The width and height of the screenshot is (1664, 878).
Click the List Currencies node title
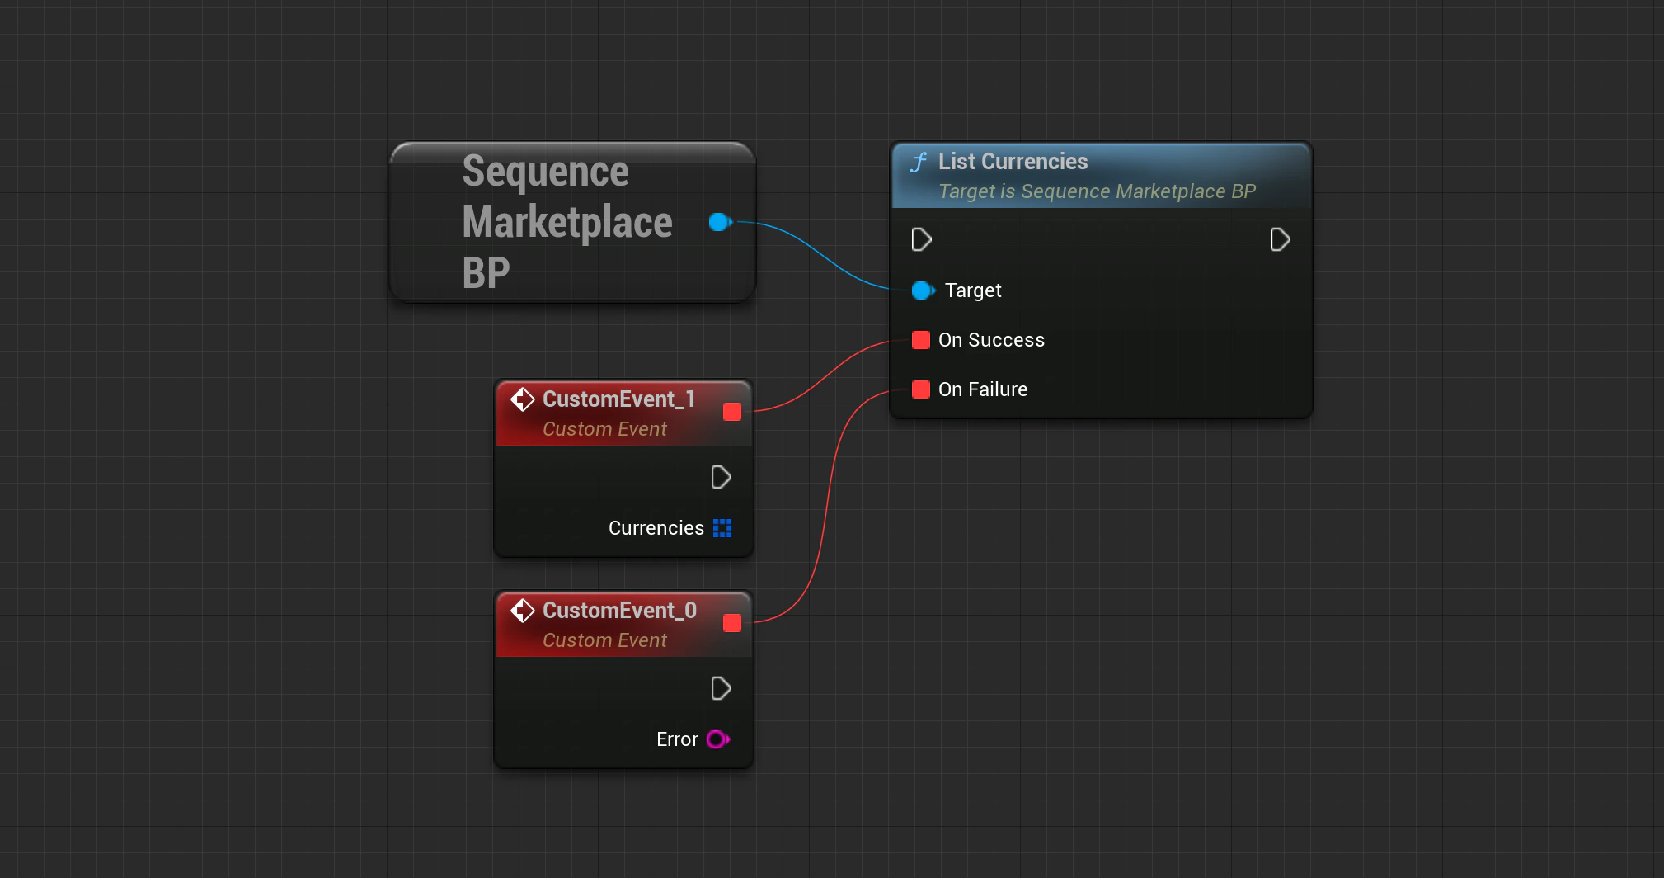click(x=1013, y=162)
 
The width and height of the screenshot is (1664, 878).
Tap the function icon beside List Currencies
click(x=919, y=162)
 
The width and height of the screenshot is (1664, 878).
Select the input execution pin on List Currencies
click(x=921, y=240)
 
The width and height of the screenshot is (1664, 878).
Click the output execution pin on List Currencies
click(x=1280, y=240)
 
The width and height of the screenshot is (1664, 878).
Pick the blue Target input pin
click(x=922, y=290)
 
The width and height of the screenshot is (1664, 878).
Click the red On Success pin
click(x=921, y=340)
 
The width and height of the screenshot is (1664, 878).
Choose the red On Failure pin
click(x=921, y=389)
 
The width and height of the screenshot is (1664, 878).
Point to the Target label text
click(x=973, y=290)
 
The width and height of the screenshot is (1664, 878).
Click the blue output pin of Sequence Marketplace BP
click(x=719, y=222)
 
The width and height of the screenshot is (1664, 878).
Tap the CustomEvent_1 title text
click(x=618, y=399)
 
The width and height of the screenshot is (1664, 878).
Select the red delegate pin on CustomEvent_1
click(x=732, y=412)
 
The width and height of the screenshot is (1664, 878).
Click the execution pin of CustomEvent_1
click(x=721, y=478)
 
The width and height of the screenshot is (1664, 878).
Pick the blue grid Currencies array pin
click(x=722, y=528)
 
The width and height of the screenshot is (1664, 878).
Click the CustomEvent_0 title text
click(x=619, y=611)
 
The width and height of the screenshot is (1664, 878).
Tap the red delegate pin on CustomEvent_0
click(x=732, y=623)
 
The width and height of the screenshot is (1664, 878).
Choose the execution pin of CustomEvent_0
click(x=721, y=689)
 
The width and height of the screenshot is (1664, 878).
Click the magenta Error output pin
click(x=717, y=739)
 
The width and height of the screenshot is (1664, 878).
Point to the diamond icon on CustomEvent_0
click(x=522, y=611)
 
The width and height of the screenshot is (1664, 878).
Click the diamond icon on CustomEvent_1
click(x=522, y=399)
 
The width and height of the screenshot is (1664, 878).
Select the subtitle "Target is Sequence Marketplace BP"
click(x=1097, y=191)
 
